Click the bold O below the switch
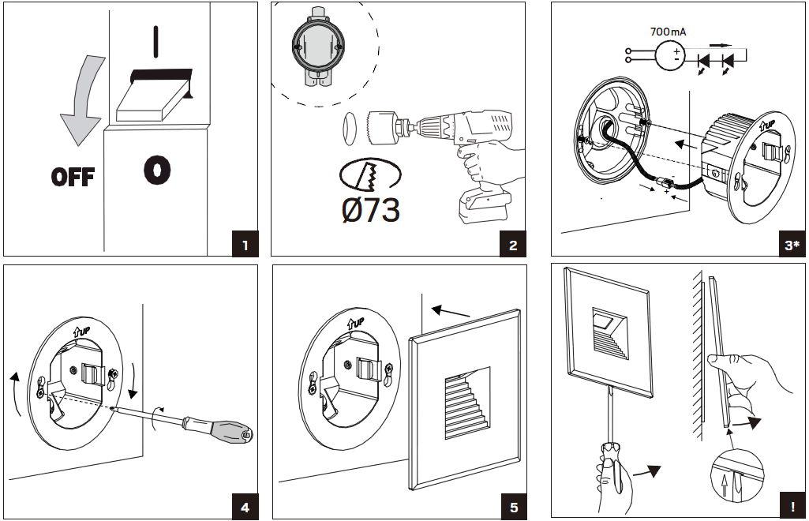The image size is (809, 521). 157,169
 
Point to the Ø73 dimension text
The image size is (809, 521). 369,209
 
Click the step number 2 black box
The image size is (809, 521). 513,245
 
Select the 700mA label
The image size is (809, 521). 668,32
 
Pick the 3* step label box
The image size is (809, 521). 792,245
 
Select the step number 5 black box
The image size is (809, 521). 513,507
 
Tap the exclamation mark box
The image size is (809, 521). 792,507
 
